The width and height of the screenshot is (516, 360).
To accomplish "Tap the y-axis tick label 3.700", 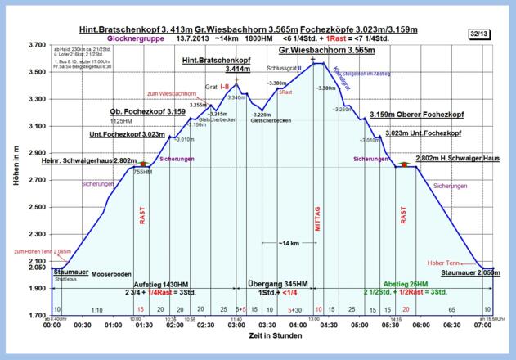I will coord(34,45).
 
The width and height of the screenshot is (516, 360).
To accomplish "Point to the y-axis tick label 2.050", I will coord(34,268).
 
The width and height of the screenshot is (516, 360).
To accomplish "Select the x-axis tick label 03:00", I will coord(236,325).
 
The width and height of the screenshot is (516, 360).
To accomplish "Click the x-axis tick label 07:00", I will coord(482,325).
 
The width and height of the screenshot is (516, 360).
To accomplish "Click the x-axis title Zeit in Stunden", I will coord(267,338).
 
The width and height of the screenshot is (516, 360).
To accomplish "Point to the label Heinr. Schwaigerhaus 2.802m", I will coord(87,161).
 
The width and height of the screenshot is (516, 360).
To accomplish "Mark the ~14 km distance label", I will coord(287,243).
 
